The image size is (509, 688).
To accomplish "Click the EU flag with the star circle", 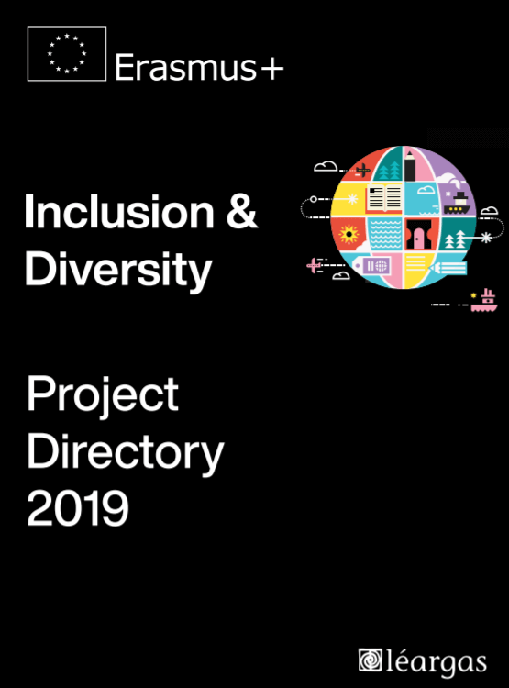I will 67,53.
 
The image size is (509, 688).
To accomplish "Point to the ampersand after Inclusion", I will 242,213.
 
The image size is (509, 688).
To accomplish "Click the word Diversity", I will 118,269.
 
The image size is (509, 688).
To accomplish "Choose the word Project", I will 103,395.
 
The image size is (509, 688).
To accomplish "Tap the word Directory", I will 125,452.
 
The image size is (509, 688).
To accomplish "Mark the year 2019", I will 78,508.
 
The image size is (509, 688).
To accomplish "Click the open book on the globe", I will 383,197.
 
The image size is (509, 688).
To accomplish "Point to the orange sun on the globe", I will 349,235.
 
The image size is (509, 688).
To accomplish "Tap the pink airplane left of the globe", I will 315,265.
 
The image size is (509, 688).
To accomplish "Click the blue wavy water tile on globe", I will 385,233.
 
